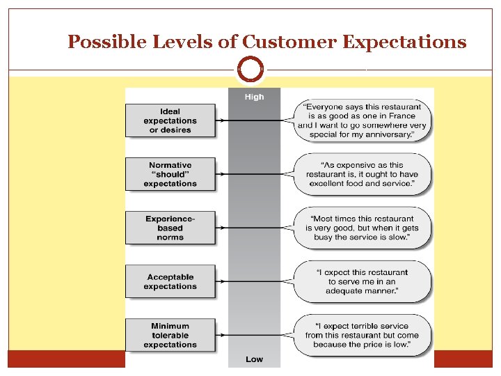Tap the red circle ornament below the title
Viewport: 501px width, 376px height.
250,69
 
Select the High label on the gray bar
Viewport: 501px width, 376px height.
254,97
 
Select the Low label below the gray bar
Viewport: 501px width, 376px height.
254,359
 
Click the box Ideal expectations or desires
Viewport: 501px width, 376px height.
170,120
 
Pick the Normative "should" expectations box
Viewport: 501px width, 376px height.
170,174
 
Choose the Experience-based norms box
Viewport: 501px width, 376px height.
170,228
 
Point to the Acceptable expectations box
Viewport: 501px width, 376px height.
170,281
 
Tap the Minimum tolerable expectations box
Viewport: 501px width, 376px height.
170,335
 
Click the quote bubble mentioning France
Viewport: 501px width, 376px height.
362,120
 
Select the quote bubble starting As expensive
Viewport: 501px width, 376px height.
362,174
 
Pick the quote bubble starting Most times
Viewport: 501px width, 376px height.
362,228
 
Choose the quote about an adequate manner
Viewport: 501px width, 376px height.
362,281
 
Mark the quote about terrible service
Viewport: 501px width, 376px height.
362,335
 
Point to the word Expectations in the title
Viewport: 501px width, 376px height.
404,42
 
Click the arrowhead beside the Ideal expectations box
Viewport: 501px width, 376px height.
221,120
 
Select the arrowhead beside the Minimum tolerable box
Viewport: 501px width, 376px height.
221,335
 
